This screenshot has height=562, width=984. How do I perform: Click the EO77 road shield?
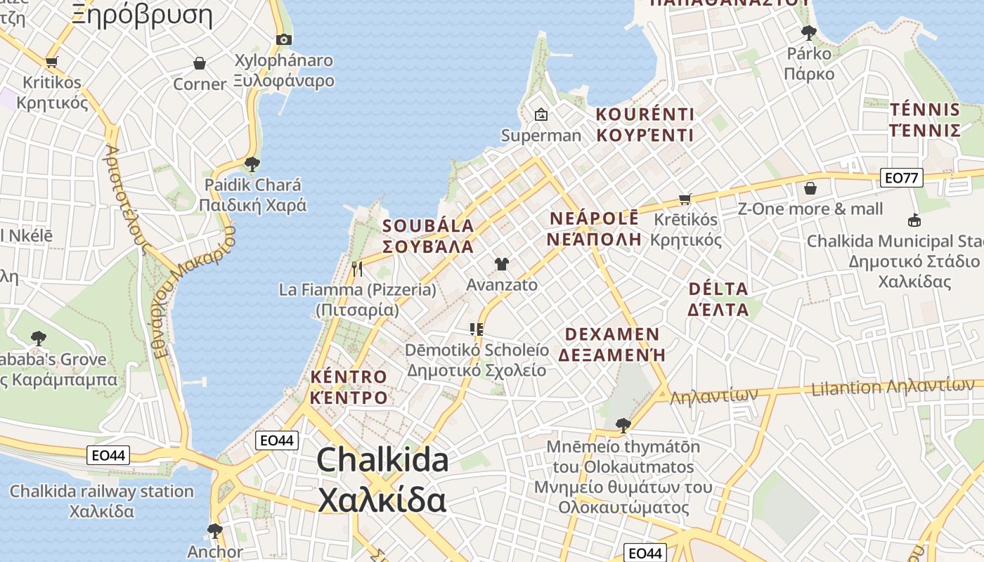coord(901,178)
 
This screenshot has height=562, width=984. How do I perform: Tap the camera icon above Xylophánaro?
coord(283,39)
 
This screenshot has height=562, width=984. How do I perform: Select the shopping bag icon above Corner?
coord(200,63)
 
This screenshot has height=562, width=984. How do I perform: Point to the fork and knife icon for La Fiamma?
coord(357,268)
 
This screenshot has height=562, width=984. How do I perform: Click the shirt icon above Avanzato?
coord(501,264)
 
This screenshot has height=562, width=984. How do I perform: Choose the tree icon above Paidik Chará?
coord(252,164)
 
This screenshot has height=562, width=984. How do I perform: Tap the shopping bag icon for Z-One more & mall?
coord(810,188)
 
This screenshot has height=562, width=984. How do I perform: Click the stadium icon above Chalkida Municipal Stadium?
coord(914,221)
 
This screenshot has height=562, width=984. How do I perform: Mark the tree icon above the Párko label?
coord(808,32)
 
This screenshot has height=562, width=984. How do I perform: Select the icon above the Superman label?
coord(540,114)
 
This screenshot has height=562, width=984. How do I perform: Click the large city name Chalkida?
coord(382,460)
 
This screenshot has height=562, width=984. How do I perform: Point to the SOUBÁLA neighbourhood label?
coord(428,226)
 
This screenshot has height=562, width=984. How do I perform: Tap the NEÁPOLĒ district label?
coord(594,218)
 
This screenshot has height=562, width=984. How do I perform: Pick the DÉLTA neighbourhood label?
coord(718,289)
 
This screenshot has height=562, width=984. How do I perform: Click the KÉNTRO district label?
coord(349,377)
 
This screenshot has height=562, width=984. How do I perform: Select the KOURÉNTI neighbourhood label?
coord(645,115)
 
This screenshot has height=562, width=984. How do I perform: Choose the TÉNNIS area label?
coord(924,110)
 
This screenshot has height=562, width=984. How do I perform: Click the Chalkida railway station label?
coord(101,491)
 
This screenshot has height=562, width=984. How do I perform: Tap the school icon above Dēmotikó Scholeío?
coord(477,329)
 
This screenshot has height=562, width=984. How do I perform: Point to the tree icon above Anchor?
coord(214,530)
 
